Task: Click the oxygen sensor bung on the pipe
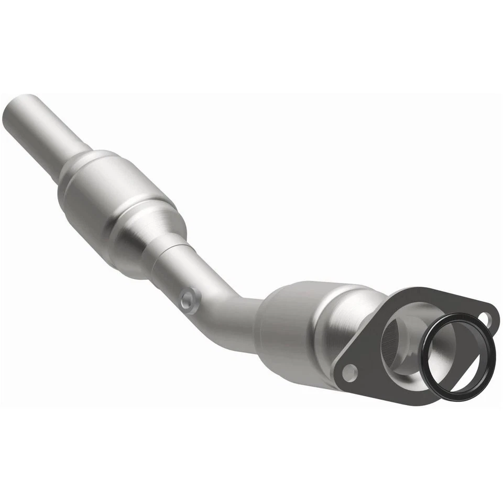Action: tap(190, 300)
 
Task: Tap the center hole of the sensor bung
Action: tap(189, 300)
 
